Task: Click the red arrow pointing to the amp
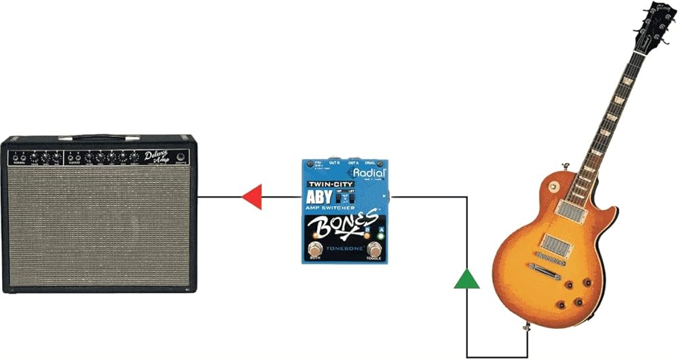(x=252, y=198)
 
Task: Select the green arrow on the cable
(x=466, y=278)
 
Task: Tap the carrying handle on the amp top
(x=98, y=137)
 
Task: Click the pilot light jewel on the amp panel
(x=181, y=161)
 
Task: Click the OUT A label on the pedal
(x=353, y=163)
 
